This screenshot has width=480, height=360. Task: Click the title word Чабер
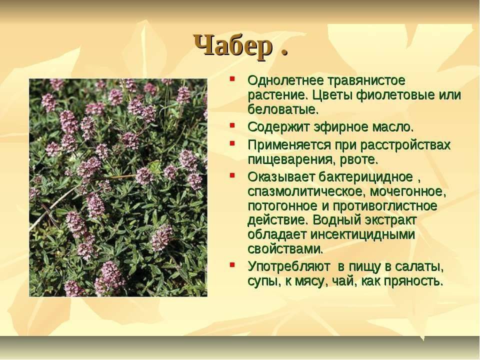pyautogui.click(x=233, y=46)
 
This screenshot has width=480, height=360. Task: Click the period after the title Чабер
pyautogui.click(x=284, y=52)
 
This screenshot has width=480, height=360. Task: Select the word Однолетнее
pyautogui.click(x=285, y=80)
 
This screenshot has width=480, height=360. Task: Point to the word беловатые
pyautogui.click(x=283, y=109)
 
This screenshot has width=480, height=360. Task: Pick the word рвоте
pyautogui.click(x=359, y=159)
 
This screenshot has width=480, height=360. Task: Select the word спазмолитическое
pyautogui.click(x=306, y=192)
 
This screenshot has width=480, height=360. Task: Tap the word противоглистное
pyautogui.click(x=385, y=206)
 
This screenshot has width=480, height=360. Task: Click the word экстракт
pyautogui.click(x=390, y=220)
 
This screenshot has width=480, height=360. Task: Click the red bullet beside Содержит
pyautogui.click(x=232, y=125)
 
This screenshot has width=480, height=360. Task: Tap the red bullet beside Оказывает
pyautogui.click(x=232, y=175)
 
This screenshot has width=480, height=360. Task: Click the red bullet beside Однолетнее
pyautogui.click(x=232, y=78)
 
